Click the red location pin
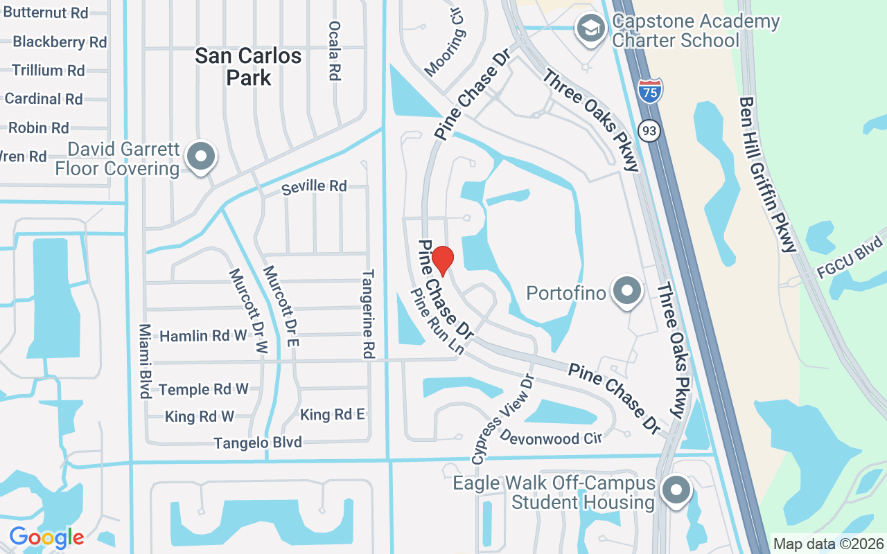click(442, 260)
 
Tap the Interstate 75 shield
click(650, 91)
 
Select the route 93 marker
click(649, 130)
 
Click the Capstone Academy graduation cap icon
click(590, 29)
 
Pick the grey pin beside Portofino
click(628, 291)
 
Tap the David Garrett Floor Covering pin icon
click(201, 157)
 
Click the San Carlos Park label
click(248, 66)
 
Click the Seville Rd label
click(314, 186)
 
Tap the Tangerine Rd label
click(368, 314)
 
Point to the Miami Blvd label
click(145, 361)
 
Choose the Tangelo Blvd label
click(258, 442)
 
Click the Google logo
click(46, 537)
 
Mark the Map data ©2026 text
click(828, 544)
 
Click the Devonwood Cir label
click(550, 438)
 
